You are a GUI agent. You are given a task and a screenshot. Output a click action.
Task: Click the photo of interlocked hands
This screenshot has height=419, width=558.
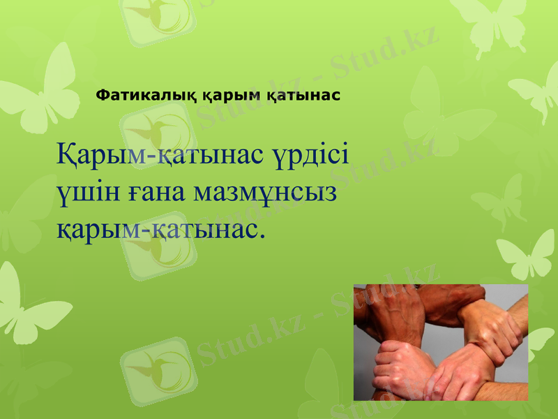[x=441, y=342]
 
